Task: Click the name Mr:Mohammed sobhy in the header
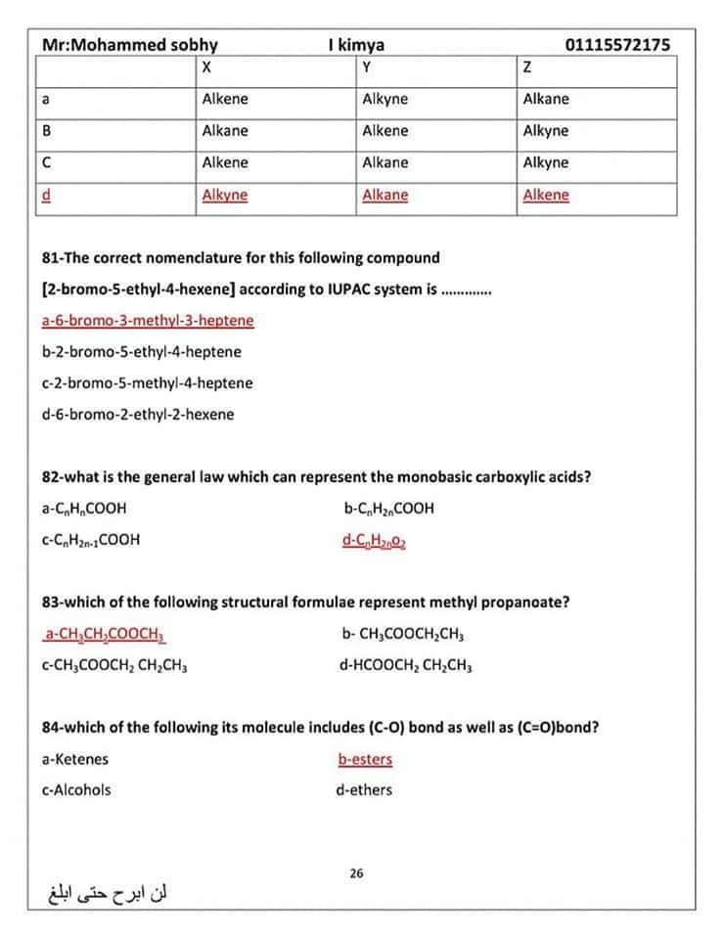tap(130, 45)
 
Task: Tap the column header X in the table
tap(205, 67)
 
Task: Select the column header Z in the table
tap(527, 67)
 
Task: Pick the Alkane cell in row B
tap(225, 131)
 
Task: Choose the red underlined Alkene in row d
tap(546, 195)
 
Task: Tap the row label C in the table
tap(46, 163)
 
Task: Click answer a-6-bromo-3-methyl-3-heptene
tap(148, 320)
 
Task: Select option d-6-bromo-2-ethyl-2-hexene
tap(138, 414)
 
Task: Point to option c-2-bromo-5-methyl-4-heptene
tap(147, 382)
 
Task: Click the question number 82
tap(52, 477)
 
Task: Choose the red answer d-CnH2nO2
tap(374, 539)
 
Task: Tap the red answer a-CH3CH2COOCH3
tap(105, 633)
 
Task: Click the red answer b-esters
tap(365, 759)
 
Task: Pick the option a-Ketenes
tap(75, 759)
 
